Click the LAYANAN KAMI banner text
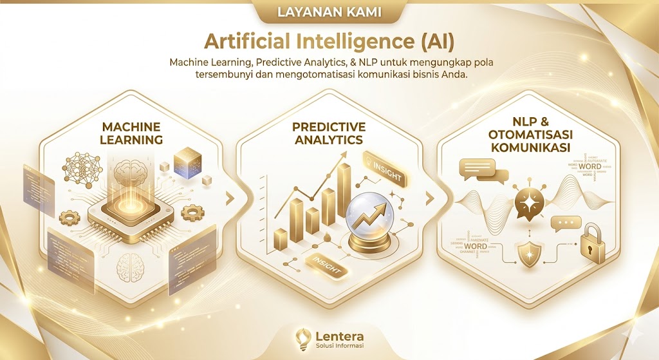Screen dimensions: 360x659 pos(329,12)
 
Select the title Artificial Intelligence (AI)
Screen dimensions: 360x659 pos(329,41)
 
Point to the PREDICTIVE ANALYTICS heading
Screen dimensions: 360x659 pos(328,133)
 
